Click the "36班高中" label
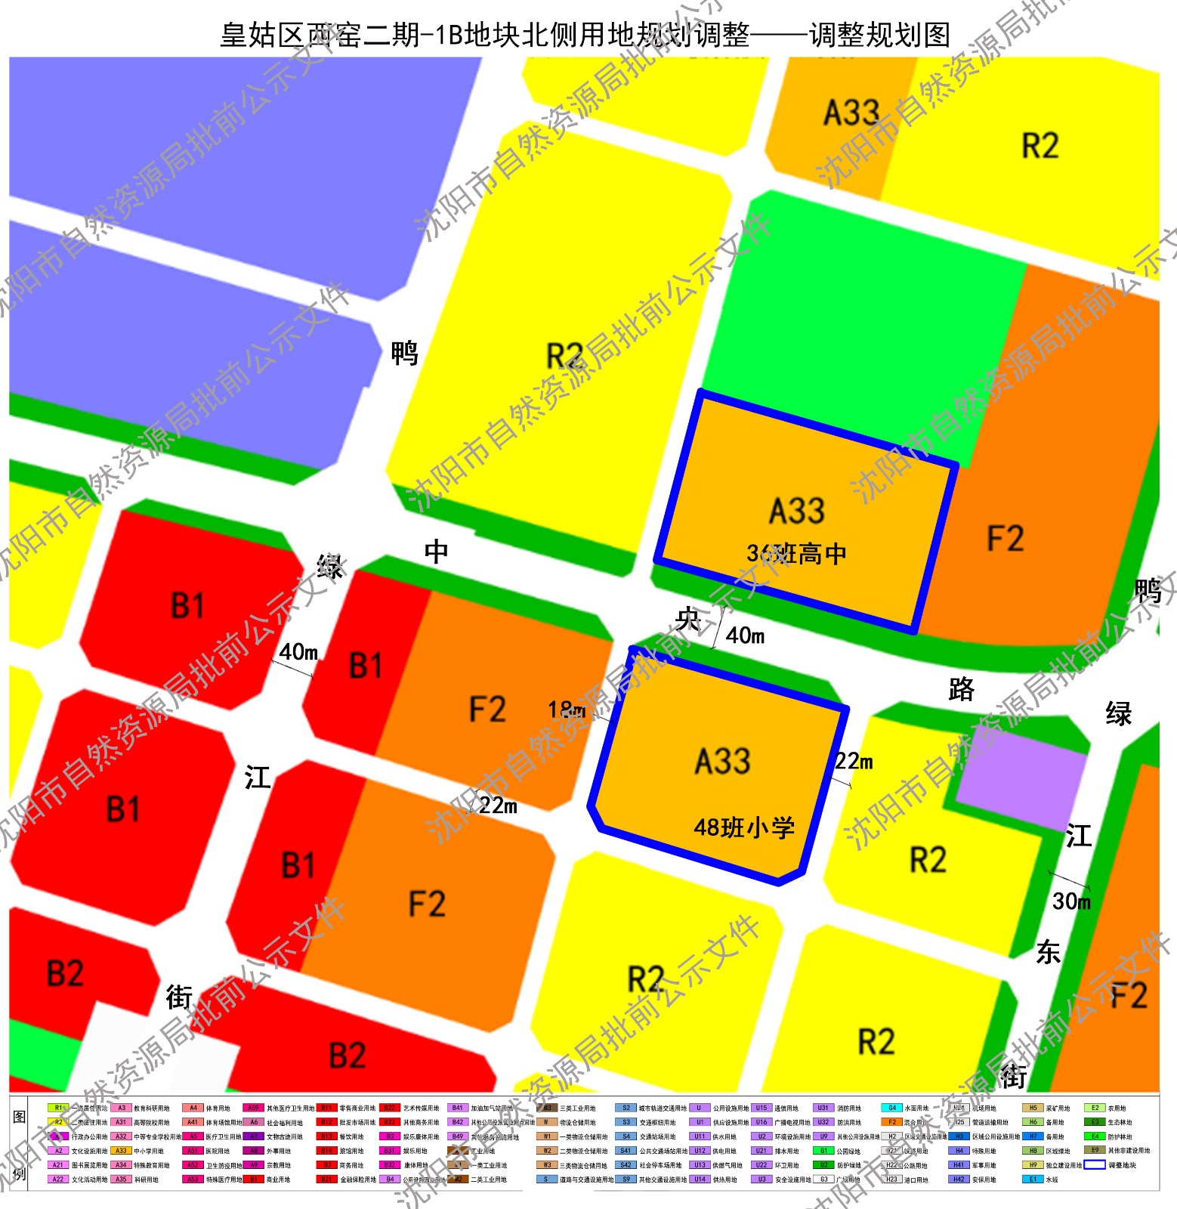pyautogui.click(x=796, y=554)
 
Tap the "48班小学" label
pyautogui.click(x=744, y=827)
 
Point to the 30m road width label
pyautogui.click(x=1071, y=901)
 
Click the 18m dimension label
pyautogui.click(x=567, y=710)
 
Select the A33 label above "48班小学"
pyautogui.click(x=722, y=761)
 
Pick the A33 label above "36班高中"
pyautogui.click(x=796, y=511)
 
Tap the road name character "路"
pyautogui.click(x=961, y=689)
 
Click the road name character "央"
pyautogui.click(x=688, y=619)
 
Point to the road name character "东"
pyautogui.click(x=1049, y=952)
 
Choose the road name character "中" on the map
pyautogui.click(x=437, y=552)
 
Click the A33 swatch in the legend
pyautogui.click(x=121, y=1151)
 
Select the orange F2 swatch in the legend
pyautogui.click(x=891, y=1122)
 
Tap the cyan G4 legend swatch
pyautogui.click(x=891, y=1108)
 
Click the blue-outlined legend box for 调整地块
pyautogui.click(x=1094, y=1165)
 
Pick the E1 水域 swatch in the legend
pyautogui.click(x=1033, y=1179)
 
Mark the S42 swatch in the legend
pyautogui.click(x=626, y=1165)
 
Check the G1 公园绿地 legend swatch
pyautogui.click(x=823, y=1151)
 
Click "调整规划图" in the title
pyautogui.click(x=879, y=35)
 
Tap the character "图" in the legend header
pyautogui.click(x=20, y=1118)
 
